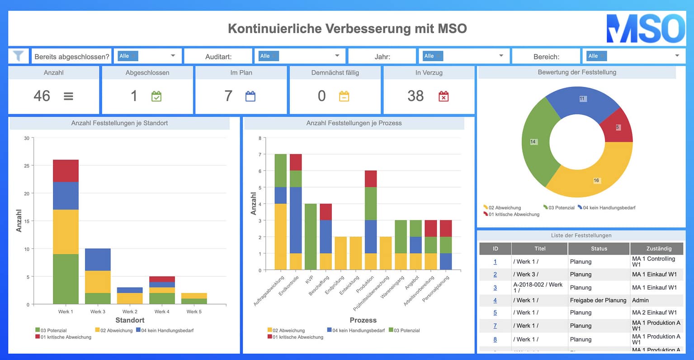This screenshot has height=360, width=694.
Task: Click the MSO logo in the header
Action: (x=645, y=28)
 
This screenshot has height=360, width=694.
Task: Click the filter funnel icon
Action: (x=18, y=56)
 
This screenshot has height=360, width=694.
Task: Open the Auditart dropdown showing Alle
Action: (x=299, y=56)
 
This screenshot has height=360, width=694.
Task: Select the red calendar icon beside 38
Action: (x=444, y=96)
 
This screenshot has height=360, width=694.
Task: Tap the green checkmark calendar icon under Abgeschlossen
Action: (x=156, y=96)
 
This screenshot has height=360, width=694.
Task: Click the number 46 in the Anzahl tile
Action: (x=42, y=96)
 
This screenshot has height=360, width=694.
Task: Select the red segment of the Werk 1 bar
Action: (x=66, y=171)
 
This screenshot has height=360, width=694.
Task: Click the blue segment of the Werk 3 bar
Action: (x=98, y=260)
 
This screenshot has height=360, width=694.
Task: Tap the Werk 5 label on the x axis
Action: (x=194, y=312)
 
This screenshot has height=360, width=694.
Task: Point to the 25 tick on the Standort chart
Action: (x=27, y=166)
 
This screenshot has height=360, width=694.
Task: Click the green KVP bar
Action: (x=310, y=237)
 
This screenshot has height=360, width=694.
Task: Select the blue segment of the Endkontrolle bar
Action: (x=296, y=220)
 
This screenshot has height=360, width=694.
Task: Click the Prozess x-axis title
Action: (x=363, y=320)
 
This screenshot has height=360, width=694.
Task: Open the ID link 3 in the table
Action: (x=495, y=288)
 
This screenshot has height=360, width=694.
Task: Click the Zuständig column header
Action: (x=658, y=248)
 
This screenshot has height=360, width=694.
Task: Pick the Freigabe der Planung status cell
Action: (x=598, y=300)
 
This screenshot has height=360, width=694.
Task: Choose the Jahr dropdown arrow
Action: (x=501, y=56)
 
